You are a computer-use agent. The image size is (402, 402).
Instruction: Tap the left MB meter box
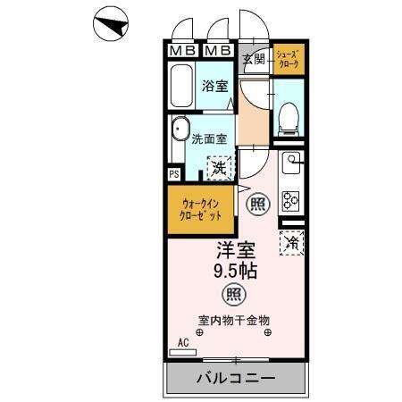182,51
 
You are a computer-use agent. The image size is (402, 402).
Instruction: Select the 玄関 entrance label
254,60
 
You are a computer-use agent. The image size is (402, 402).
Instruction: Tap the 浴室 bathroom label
215,87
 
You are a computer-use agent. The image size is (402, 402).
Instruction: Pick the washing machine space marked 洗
219,166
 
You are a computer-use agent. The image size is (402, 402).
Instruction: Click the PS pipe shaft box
173,174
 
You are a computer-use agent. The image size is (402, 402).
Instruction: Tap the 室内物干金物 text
234,319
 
